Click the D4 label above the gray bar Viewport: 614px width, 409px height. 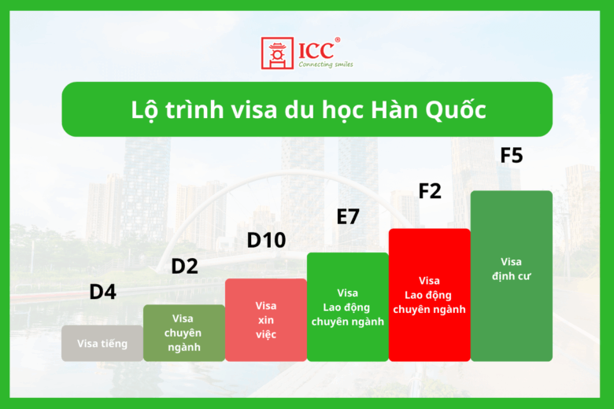pos(102,292)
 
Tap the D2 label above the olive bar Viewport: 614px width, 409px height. pos(184,266)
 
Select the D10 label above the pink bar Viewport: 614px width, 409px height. pos(266,240)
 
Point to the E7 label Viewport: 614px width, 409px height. pos(348,216)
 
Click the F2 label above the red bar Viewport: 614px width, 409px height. pos(430,190)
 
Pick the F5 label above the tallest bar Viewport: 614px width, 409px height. pos(512,156)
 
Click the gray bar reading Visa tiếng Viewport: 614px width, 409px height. pos(102,344)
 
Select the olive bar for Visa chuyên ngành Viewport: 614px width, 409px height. pos(184,333)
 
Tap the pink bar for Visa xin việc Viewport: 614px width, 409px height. pos(266,320)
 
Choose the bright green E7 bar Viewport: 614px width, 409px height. pos(348,307)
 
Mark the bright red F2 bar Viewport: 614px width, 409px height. pos(430,295)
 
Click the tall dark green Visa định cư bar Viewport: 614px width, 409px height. pos(512,275)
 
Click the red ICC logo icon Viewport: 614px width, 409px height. pos(277,53)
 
